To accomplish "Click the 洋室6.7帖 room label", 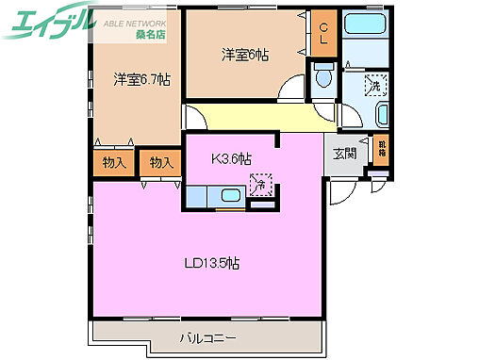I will [142, 79].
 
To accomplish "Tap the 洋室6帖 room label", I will [245, 56].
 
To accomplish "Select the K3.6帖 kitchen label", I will [230, 158].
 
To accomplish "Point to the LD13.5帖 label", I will [210, 263].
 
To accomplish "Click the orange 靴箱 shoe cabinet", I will [380, 146].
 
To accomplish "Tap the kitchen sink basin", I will [229, 196].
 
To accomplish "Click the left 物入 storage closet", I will [113, 163].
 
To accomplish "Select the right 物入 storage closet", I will [161, 163].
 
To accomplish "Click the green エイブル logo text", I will [51, 23].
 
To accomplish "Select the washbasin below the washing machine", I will [380, 116].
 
